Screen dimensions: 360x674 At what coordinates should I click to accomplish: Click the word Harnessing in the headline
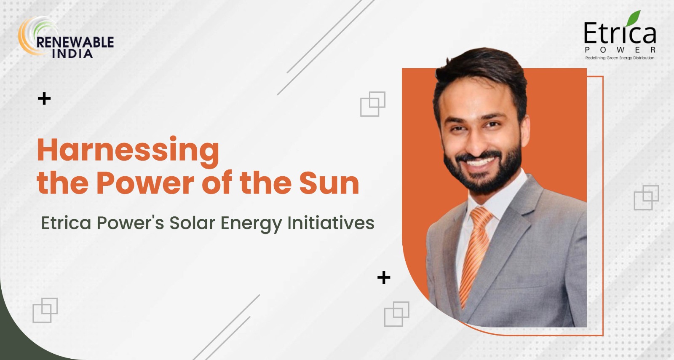click(128, 151)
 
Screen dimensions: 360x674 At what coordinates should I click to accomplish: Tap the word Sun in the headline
click(329, 183)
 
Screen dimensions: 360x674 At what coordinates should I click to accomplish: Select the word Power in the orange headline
click(145, 183)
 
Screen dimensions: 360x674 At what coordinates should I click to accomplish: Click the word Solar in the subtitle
click(192, 223)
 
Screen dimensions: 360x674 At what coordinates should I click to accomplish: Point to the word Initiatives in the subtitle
click(331, 223)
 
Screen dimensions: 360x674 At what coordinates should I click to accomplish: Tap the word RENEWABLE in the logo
click(75, 42)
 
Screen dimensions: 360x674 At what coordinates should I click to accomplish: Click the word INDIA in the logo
click(72, 54)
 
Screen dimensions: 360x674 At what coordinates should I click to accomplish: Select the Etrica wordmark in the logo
click(619, 34)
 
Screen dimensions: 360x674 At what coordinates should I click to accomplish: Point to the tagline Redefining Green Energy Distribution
click(620, 58)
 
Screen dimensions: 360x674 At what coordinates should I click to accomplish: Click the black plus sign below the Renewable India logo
click(44, 99)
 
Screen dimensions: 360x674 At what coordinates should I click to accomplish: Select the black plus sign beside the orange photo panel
click(384, 277)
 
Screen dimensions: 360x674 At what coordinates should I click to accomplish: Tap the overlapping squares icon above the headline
click(373, 104)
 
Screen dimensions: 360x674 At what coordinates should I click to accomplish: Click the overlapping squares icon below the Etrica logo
click(646, 197)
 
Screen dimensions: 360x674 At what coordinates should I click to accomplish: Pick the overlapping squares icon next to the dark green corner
click(45, 310)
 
